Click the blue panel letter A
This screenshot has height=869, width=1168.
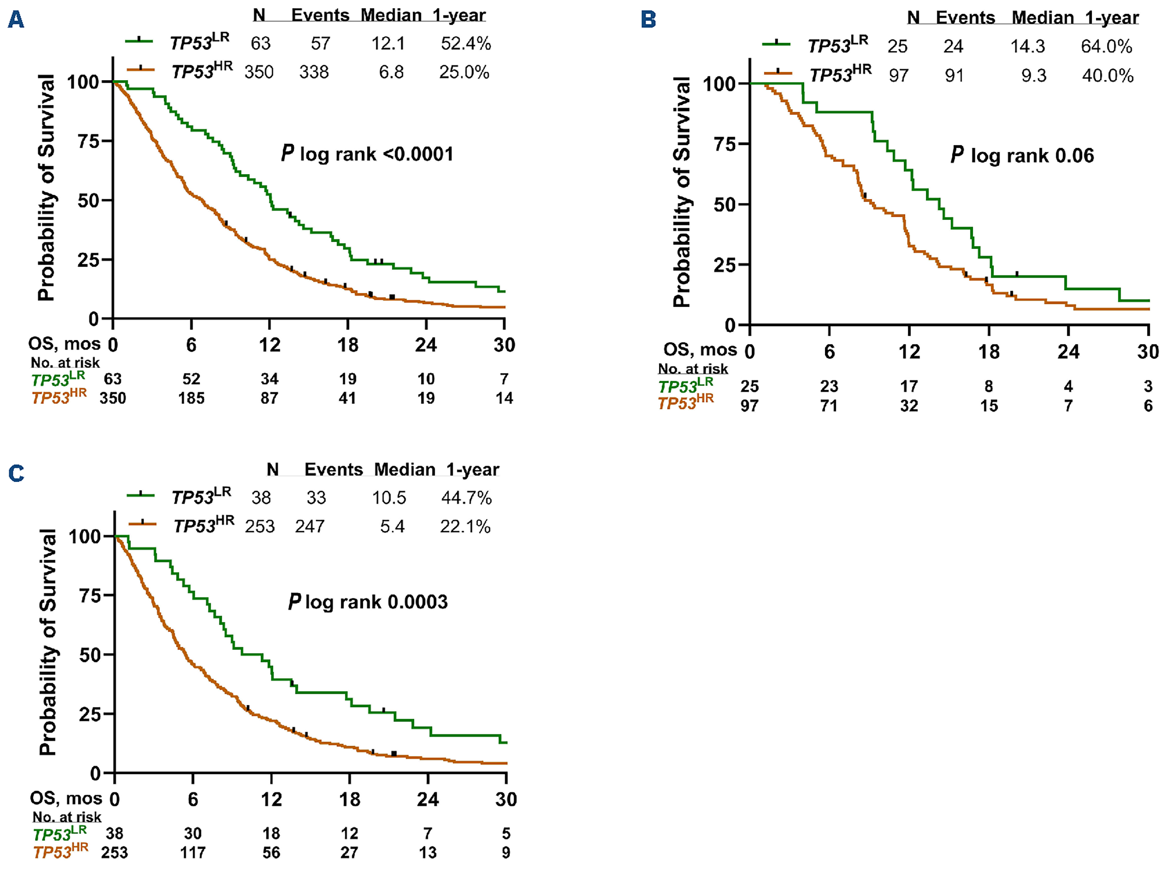click(16, 20)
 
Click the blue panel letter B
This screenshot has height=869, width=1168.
click(649, 20)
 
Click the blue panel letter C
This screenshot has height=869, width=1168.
click(16, 473)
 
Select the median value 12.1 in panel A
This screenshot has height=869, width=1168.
click(388, 43)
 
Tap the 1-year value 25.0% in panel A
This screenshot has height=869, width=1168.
click(464, 72)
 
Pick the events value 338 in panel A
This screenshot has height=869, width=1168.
click(314, 72)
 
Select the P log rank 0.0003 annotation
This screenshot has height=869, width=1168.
click(368, 602)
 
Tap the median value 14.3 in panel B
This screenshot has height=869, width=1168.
click(1027, 46)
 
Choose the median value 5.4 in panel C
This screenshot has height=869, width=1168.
click(392, 526)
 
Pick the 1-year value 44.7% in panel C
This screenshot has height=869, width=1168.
click(466, 498)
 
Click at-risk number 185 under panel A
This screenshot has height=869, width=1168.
click(191, 398)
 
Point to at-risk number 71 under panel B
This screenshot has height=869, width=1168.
click(829, 405)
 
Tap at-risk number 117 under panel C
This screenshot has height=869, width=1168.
click(193, 852)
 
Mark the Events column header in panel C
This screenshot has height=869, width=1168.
click(334, 469)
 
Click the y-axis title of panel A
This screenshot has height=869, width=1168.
click(46, 188)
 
